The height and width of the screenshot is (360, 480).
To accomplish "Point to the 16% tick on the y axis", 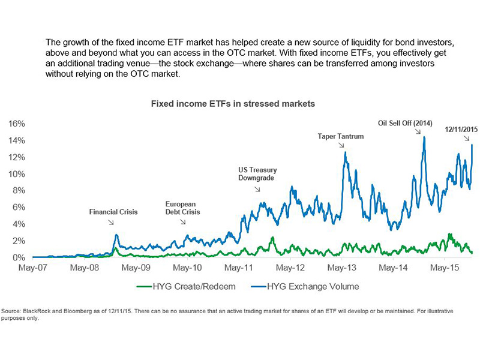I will pyautogui.click(x=16, y=124).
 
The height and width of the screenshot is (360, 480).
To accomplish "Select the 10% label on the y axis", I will pyautogui.click(x=16, y=174).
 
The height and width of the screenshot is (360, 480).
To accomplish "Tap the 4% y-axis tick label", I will pyautogui.click(x=19, y=224).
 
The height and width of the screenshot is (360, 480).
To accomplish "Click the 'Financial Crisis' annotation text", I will pyautogui.click(x=114, y=212).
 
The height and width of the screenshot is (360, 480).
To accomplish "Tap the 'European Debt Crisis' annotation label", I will pyautogui.click(x=183, y=208).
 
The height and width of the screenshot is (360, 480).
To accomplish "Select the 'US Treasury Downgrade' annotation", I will pyautogui.click(x=257, y=174).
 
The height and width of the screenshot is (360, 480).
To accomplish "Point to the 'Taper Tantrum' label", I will pyautogui.click(x=341, y=136).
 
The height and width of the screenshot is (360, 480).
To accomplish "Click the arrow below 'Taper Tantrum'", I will pyautogui.click(x=341, y=145).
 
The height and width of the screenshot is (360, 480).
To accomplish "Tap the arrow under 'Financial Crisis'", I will pyautogui.click(x=111, y=222).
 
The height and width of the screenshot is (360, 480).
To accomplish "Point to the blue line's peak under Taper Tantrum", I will pyautogui.click(x=345, y=152).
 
